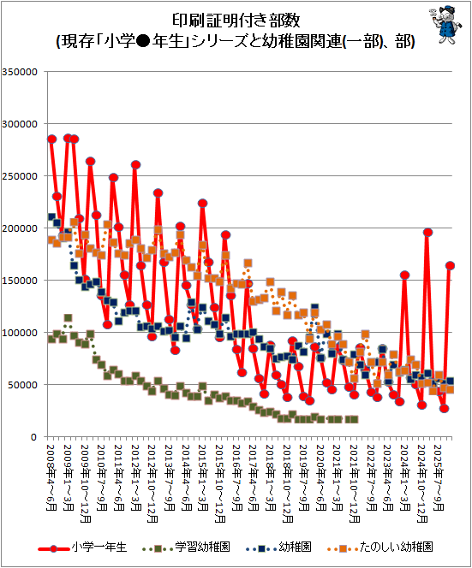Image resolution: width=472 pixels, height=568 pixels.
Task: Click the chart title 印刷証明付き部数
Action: click(236, 21)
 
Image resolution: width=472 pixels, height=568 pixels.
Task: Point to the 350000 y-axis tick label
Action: click(20, 72)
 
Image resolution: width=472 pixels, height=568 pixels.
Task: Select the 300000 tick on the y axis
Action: click(20, 124)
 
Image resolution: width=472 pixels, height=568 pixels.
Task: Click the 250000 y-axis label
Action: click(20, 176)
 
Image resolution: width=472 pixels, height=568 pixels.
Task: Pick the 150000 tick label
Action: click(20, 281)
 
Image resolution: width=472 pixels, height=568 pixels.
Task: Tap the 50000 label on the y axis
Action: click(22, 385)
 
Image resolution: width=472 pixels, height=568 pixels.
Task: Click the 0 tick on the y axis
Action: click(33, 437)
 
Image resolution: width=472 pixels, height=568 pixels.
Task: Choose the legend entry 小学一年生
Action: click(83, 547)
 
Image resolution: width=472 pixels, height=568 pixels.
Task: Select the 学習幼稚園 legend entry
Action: click(186, 547)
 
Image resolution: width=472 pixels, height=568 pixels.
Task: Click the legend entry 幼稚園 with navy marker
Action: click(278, 547)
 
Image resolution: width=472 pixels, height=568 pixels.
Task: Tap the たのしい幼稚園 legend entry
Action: click(380, 547)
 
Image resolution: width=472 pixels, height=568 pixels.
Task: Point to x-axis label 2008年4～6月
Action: click(51, 477)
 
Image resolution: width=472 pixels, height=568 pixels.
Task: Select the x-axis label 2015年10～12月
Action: click(220, 483)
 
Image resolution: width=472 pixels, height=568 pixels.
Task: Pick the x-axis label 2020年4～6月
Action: click(320, 477)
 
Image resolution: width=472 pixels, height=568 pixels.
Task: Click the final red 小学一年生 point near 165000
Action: click(450, 265)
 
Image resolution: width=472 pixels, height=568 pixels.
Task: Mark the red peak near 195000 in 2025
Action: click(427, 233)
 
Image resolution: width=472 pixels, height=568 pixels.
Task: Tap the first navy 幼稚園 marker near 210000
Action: click(51, 217)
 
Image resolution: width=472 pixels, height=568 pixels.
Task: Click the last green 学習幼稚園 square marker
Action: click(355, 419)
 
